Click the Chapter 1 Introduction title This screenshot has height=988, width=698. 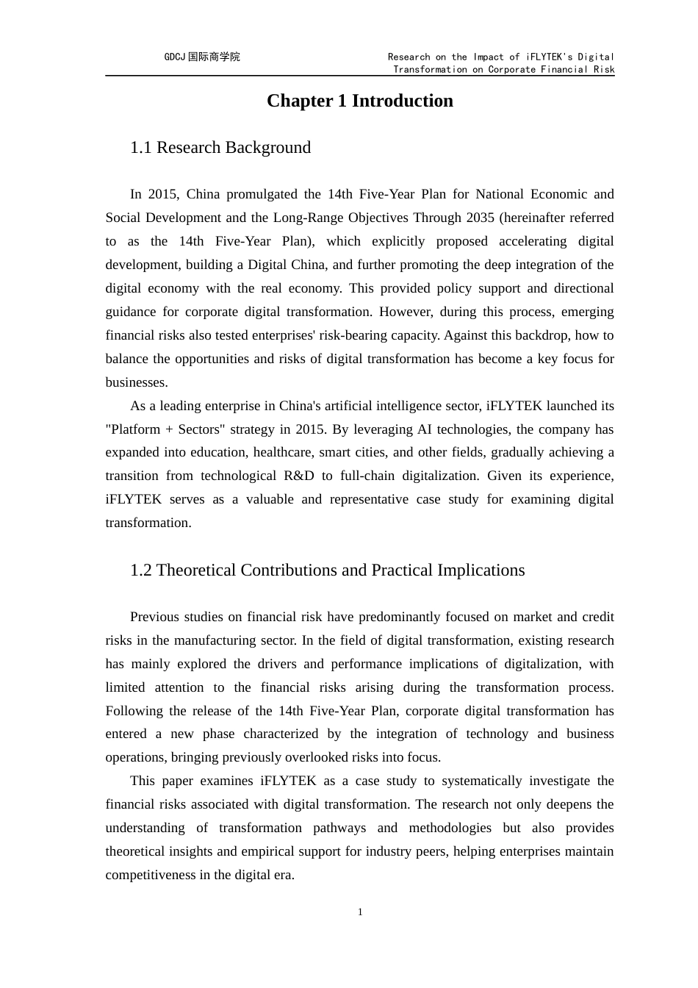click(359, 101)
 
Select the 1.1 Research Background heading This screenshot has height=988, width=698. click(220, 147)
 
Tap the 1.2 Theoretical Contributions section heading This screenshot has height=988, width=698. click(327, 570)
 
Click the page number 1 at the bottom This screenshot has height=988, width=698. click(360, 912)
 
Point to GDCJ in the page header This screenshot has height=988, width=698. click(175, 57)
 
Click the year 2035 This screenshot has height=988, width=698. click(480, 218)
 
